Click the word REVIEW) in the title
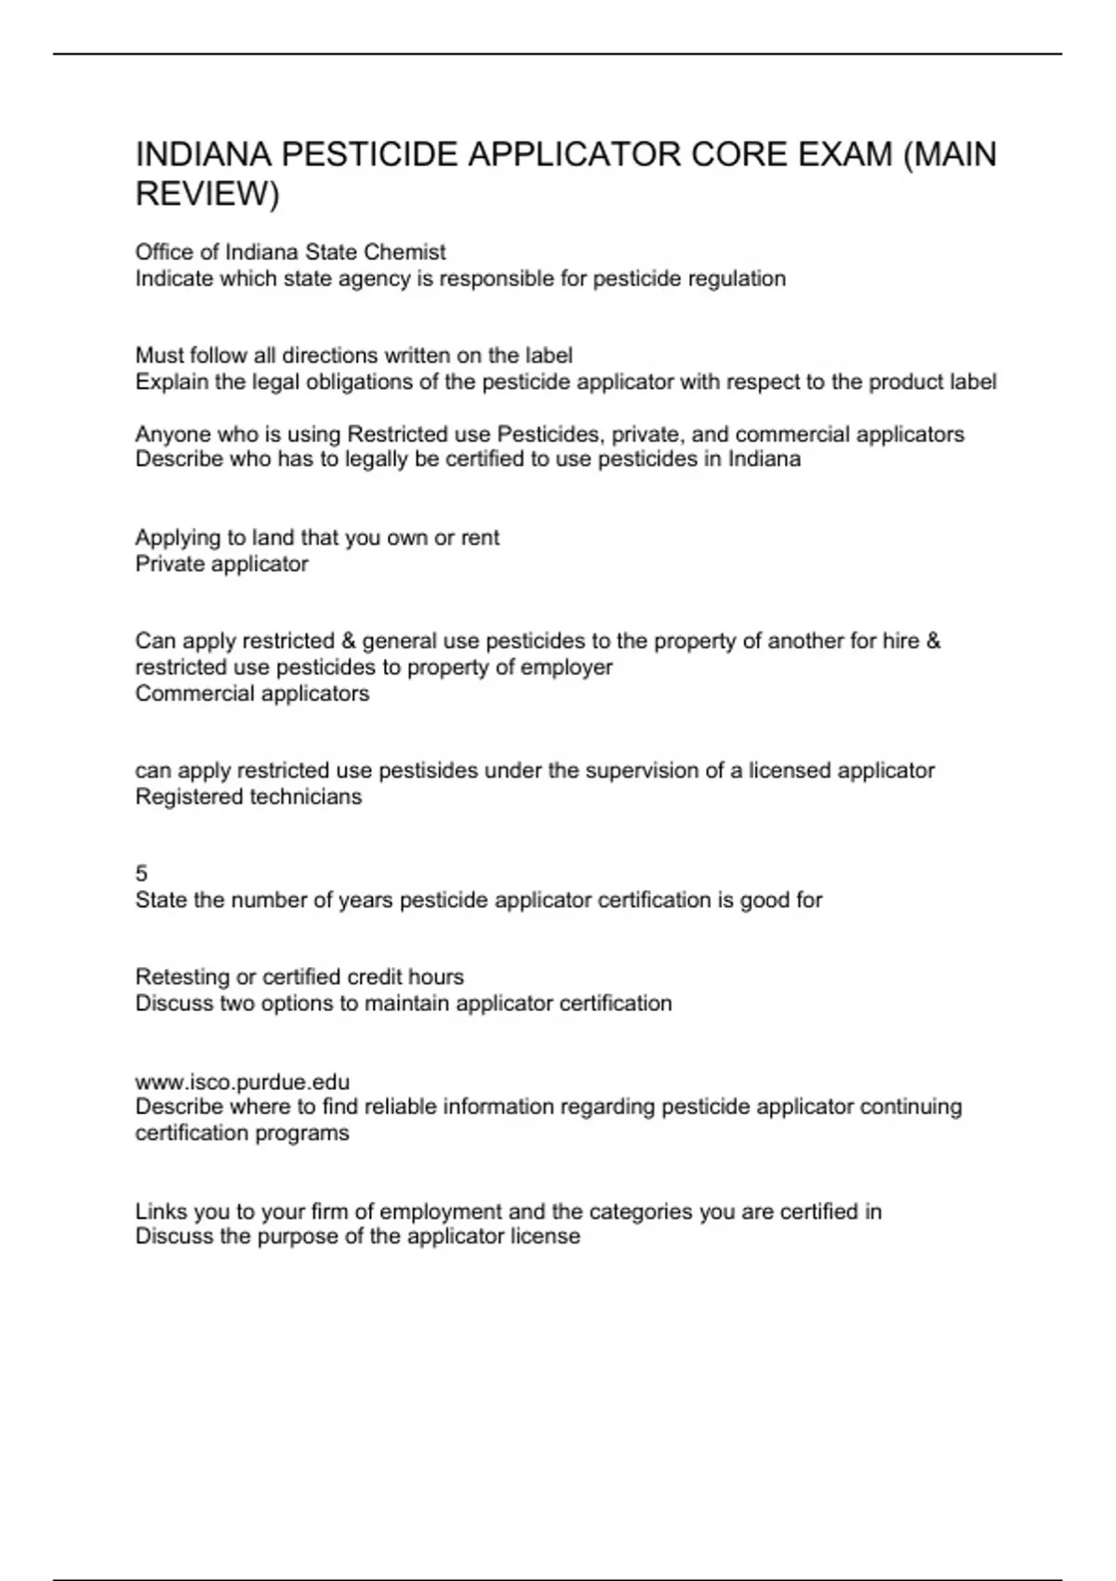[x=207, y=194]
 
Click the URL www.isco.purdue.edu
[x=243, y=1082]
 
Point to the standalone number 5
[x=141, y=873]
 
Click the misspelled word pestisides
[x=427, y=770]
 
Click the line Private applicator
[x=221, y=564]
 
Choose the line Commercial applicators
[x=252, y=694]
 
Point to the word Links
[x=159, y=1211]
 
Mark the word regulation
[x=737, y=279]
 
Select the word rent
[x=480, y=538]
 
